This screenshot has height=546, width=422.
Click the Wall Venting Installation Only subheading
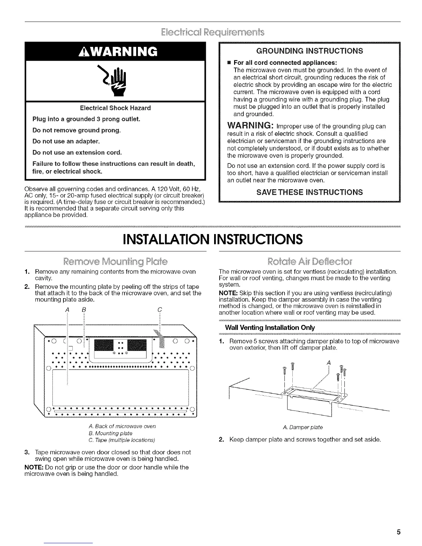[270, 327]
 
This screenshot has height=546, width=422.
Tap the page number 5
[398, 532]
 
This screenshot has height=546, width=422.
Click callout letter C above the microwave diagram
[159, 310]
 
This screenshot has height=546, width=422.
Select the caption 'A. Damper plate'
[302, 427]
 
